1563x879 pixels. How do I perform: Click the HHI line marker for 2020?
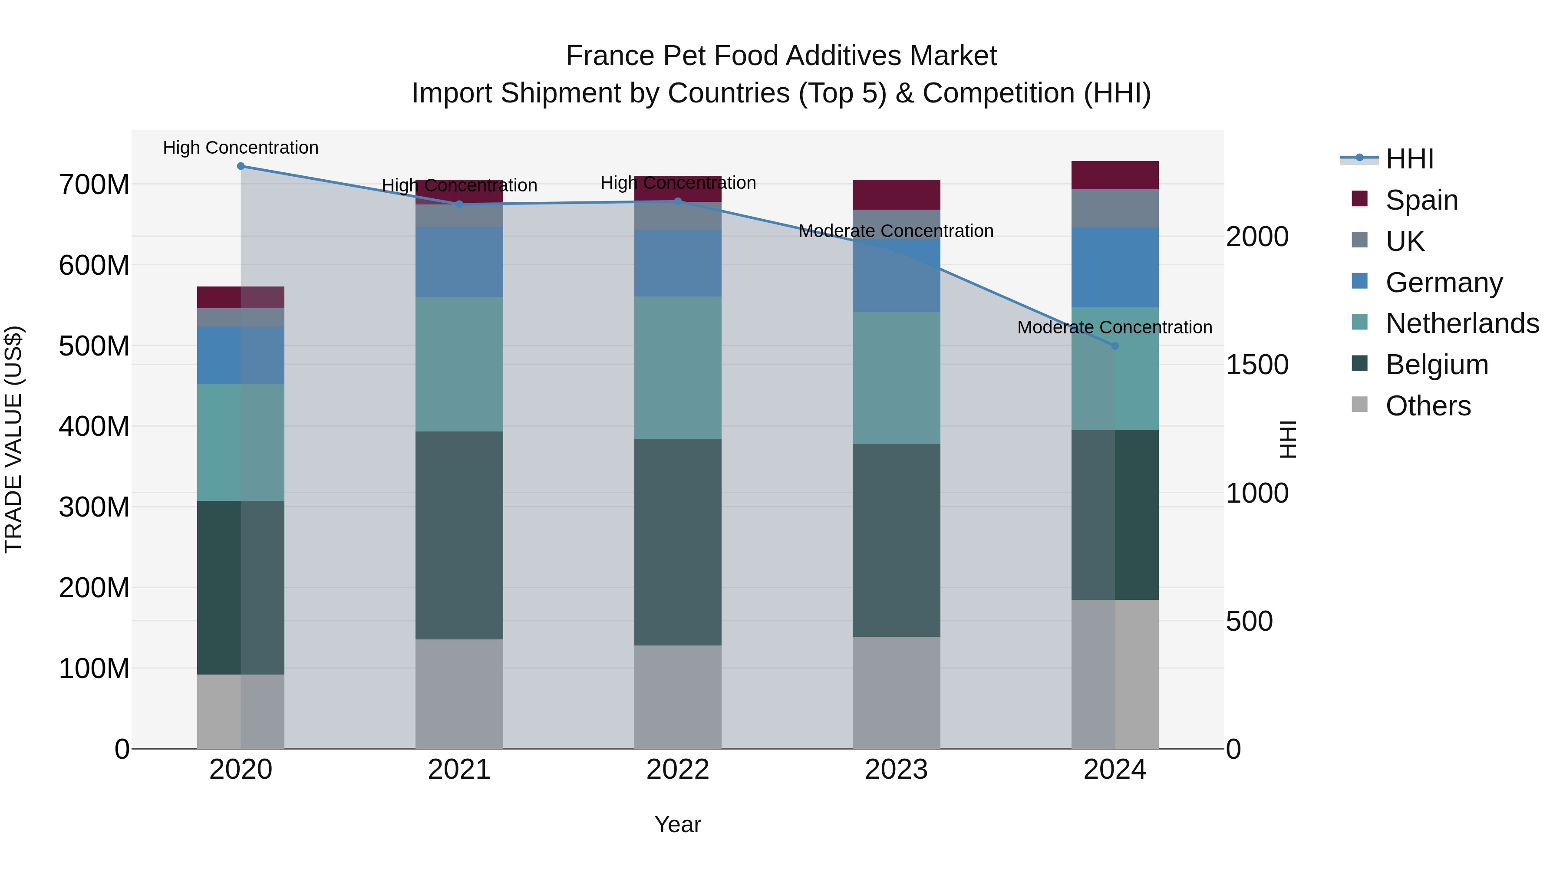click(x=241, y=166)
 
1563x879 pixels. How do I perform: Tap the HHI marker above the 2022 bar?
click(x=678, y=201)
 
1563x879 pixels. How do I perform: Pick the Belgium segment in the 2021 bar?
click(x=459, y=535)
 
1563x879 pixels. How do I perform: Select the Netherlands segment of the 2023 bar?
click(x=896, y=378)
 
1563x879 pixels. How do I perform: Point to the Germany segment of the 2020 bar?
click(x=241, y=355)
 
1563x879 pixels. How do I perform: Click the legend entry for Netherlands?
click(x=1462, y=323)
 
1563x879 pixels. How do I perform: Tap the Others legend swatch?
click(x=1360, y=405)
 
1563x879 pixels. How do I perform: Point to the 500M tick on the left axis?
click(x=94, y=346)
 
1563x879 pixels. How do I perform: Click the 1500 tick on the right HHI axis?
click(x=1256, y=365)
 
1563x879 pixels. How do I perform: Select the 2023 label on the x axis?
click(x=896, y=770)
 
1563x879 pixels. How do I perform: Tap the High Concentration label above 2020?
click(x=241, y=148)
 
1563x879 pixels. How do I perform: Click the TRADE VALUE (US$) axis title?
click(x=13, y=439)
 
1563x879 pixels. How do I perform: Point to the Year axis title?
click(x=678, y=824)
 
